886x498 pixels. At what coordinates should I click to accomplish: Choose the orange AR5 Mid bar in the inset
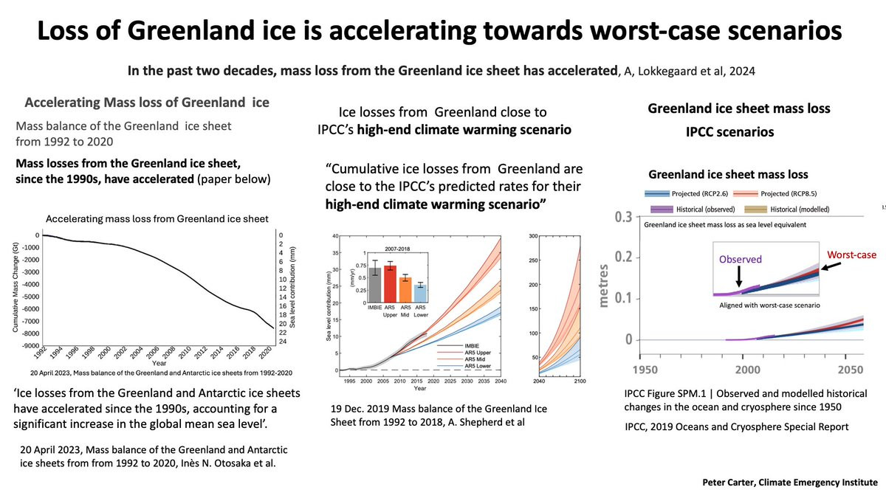pyautogui.click(x=405, y=286)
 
